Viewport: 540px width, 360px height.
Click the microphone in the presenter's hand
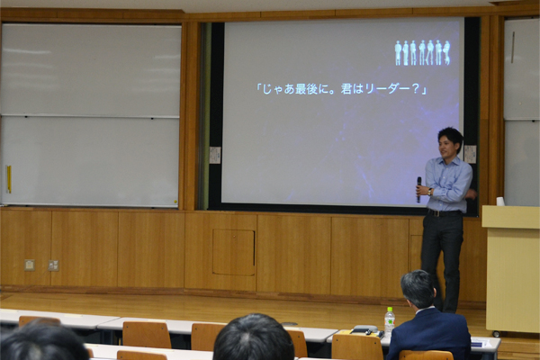[418, 190]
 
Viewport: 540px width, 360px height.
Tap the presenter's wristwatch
[430, 192]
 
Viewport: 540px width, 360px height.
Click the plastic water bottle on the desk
[390, 321]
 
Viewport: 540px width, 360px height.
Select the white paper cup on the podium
[500, 202]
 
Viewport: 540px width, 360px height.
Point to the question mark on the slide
[416, 90]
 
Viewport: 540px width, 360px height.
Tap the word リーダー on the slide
[387, 90]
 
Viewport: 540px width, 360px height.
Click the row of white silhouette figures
[423, 53]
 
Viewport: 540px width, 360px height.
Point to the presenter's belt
[445, 213]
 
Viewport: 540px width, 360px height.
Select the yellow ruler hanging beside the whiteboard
[9, 179]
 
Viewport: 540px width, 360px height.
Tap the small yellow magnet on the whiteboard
[175, 202]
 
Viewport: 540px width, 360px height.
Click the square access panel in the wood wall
[233, 252]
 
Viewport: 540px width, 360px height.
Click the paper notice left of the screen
[215, 155]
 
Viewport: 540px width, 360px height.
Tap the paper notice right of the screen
[470, 154]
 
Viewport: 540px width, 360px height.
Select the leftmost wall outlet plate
[30, 265]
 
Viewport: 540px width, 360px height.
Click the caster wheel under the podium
[496, 334]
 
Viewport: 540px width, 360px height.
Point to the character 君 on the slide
[346, 90]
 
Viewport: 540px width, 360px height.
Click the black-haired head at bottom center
[253, 337]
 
